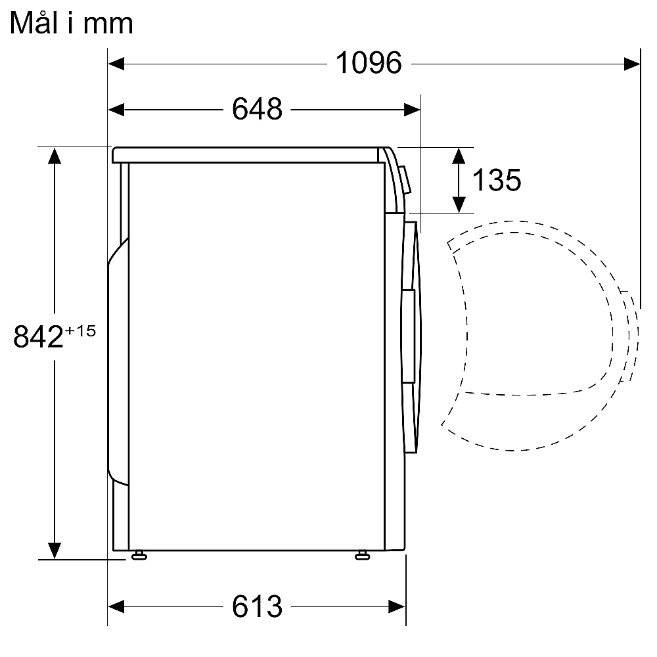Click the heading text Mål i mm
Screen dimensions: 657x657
71,23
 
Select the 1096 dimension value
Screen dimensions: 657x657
369,63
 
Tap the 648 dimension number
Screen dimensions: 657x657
258,109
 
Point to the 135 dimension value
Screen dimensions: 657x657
497,180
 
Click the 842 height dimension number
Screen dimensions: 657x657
38,336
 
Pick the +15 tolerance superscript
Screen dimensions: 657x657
80,331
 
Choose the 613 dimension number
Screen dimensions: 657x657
258,606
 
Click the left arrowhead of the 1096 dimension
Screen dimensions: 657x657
116,64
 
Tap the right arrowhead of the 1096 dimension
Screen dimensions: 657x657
632,64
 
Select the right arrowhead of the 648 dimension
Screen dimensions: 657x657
413,110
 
